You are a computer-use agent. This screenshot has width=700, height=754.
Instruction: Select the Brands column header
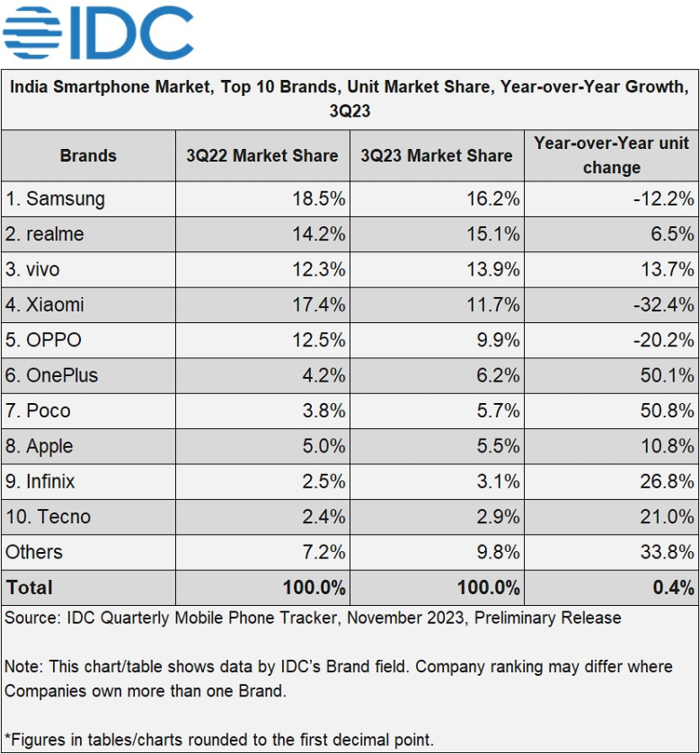coord(88,155)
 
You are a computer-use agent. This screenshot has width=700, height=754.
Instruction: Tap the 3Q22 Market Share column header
coord(262,155)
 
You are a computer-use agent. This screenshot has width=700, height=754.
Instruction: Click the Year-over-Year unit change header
coord(611,155)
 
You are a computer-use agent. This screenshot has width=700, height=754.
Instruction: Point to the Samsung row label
coord(55,199)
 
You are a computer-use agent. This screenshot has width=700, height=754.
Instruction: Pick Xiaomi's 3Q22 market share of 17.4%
coord(321,305)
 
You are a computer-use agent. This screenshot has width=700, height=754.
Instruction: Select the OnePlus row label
coord(51,375)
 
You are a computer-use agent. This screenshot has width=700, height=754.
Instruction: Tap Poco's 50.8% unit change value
coord(667,411)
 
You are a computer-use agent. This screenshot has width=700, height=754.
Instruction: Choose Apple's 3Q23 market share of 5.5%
coord(500,446)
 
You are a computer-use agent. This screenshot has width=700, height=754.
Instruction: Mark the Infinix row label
coord(40,481)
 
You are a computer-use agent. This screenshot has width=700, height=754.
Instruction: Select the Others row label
coord(33,552)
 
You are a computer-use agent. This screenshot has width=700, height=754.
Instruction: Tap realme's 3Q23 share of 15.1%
coord(495,234)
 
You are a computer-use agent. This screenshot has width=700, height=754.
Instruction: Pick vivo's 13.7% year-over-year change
coord(667,269)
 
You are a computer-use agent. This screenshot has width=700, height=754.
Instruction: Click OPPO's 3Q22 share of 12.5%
coord(321,340)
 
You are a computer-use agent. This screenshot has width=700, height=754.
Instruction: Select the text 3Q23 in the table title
coord(350,112)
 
